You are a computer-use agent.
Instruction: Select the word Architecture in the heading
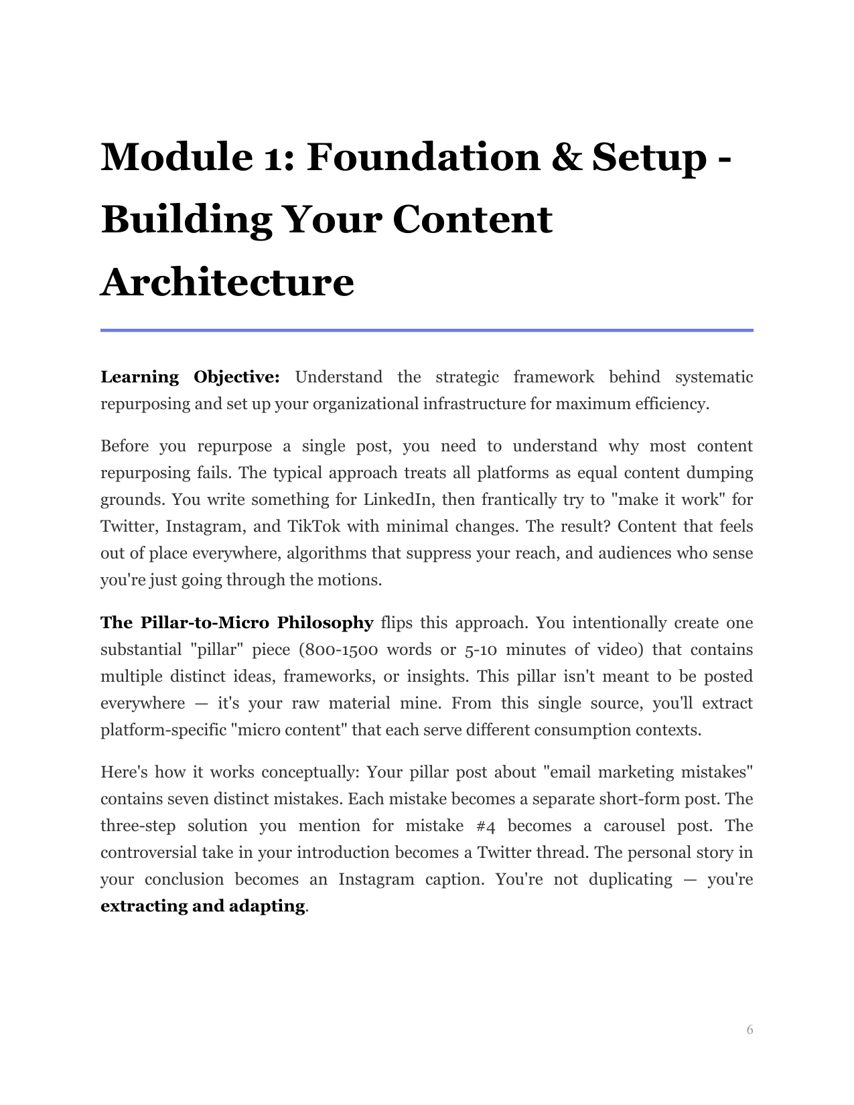(227, 282)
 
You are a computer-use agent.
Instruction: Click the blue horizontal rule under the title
(427, 330)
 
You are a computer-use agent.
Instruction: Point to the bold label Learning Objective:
(190, 377)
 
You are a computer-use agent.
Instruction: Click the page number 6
(750, 1029)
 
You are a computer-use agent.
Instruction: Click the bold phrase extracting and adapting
(202, 906)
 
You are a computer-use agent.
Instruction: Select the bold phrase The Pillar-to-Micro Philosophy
(236, 623)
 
